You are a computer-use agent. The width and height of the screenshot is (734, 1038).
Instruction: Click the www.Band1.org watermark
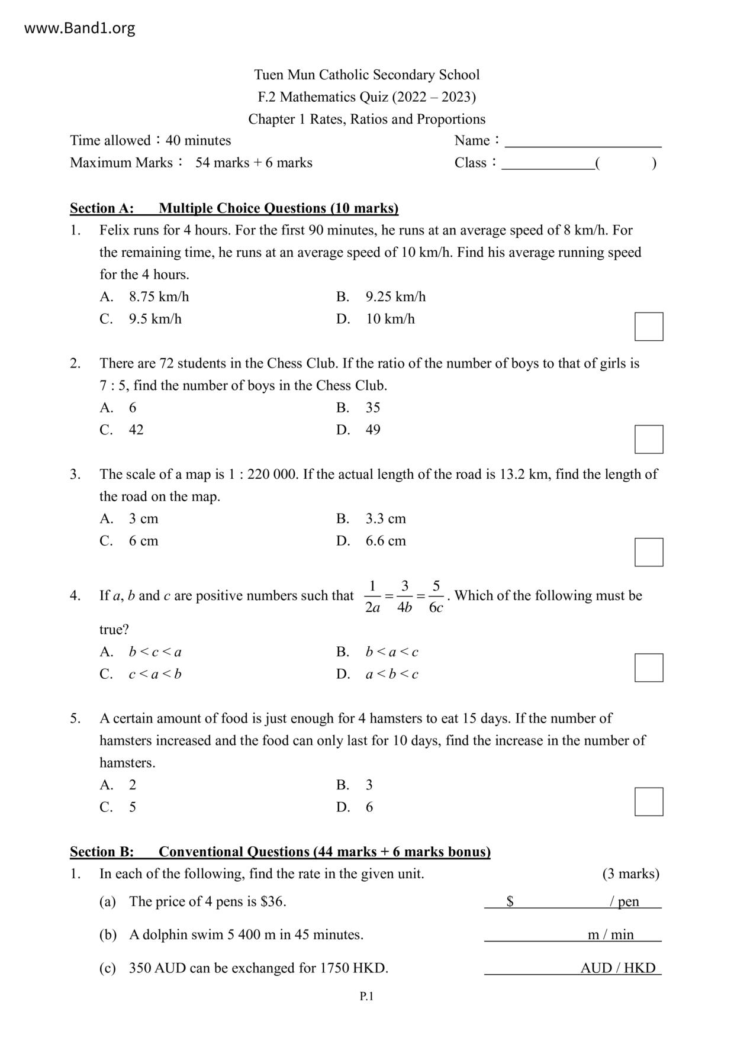[79, 28]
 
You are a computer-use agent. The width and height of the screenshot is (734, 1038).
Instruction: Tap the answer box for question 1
[649, 327]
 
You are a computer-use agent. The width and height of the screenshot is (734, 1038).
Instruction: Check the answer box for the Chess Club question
[649, 439]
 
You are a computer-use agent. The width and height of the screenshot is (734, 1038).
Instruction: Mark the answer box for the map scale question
[649, 552]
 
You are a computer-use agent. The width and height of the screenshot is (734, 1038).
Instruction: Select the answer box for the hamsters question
[649, 802]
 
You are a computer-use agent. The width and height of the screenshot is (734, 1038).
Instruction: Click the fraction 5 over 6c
[436, 597]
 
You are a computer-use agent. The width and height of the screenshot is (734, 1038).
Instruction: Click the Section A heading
[234, 208]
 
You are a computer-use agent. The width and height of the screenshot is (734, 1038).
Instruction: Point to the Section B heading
[280, 852]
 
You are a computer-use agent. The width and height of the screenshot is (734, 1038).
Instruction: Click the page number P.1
[367, 997]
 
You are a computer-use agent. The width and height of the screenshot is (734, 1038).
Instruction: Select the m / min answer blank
[572, 934]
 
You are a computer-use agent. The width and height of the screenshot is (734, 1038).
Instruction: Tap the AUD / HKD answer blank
[572, 968]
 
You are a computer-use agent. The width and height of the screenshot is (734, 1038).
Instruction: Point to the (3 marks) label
[630, 873]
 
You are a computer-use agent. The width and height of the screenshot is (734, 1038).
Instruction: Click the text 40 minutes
[198, 141]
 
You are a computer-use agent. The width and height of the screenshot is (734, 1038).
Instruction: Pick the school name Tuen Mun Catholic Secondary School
[367, 75]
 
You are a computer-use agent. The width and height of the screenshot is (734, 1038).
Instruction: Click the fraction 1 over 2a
[372, 597]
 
